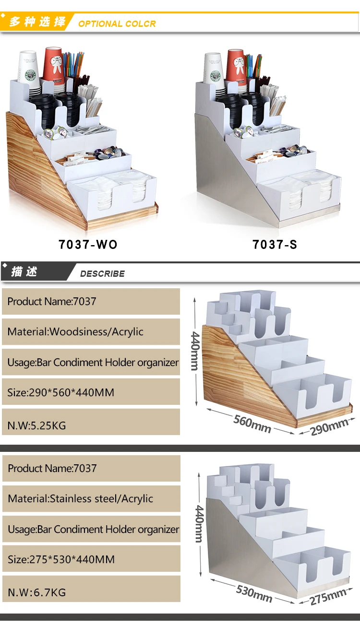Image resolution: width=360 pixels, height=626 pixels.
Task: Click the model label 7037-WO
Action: point(88,244)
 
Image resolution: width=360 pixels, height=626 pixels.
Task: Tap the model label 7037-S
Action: point(275,244)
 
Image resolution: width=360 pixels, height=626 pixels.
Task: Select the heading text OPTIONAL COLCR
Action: point(117,24)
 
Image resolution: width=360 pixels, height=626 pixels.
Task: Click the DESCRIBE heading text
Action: point(102,273)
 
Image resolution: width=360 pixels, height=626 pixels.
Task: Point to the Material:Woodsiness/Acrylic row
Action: point(91,331)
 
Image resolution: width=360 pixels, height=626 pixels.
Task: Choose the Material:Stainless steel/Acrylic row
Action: point(91,498)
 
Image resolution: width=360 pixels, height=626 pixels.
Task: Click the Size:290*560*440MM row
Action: point(91,392)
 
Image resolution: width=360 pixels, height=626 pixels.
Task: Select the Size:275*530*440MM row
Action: point(91,559)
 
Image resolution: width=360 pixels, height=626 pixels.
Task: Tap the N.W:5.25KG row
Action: point(91,425)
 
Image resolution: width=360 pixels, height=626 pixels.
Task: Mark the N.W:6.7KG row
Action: point(91,592)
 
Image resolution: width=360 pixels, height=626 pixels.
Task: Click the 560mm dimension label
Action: point(252,423)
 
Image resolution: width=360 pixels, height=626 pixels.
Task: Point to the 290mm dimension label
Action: point(329,426)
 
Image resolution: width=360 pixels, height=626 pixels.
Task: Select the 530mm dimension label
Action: point(254,594)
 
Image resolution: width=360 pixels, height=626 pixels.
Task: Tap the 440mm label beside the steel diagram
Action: point(199,523)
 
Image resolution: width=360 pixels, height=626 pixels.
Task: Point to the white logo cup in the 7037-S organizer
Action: point(214,70)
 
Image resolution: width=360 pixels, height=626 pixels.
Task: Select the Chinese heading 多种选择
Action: point(37,22)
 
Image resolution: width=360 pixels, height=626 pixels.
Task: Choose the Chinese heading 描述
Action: point(24,272)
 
